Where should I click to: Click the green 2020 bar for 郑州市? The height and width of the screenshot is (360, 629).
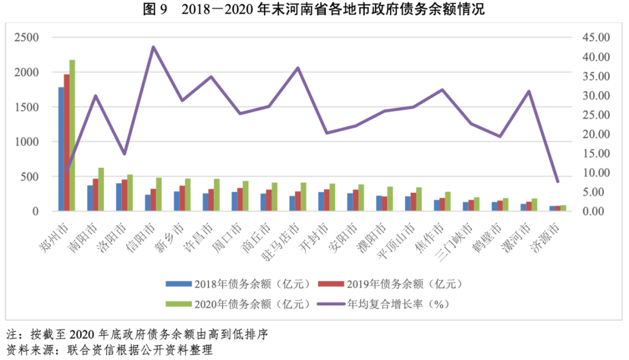tap(72, 135)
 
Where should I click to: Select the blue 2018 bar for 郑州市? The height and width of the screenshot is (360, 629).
tap(61, 149)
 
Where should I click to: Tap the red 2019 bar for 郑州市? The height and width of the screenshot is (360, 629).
tap(66, 142)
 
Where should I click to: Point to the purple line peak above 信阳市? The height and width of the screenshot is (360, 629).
tap(153, 47)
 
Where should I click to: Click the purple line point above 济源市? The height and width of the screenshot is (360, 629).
tap(557, 182)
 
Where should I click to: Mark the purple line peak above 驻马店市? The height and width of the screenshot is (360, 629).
tap(298, 68)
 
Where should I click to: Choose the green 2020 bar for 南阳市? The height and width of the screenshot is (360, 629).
tap(101, 189)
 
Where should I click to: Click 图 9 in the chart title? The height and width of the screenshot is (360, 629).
tap(155, 10)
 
